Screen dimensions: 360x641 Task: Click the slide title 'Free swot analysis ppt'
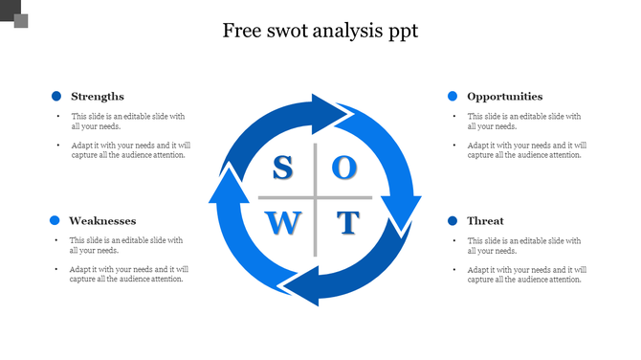[x=320, y=31]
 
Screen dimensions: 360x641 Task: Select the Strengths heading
[x=97, y=96]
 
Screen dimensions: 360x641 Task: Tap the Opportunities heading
[x=504, y=96]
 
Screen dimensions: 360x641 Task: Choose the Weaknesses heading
[x=102, y=220]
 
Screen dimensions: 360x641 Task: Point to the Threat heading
[x=485, y=220]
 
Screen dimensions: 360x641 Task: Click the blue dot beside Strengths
[x=56, y=96]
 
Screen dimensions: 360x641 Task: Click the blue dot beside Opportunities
[x=453, y=96]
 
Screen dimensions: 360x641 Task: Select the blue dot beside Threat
[x=453, y=220]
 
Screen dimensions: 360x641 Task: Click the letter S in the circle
[x=282, y=169]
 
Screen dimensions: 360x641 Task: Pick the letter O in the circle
[x=344, y=169]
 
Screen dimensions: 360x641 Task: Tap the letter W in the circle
[x=282, y=224]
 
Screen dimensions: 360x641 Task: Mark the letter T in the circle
[x=347, y=224]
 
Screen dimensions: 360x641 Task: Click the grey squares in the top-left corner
[x=13, y=13]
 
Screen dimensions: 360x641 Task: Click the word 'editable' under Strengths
[x=136, y=116]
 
